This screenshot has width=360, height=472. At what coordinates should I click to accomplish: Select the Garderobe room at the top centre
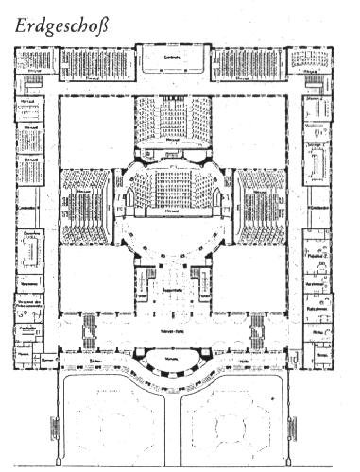tap(173, 62)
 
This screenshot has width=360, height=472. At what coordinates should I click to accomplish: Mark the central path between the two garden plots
tap(174, 420)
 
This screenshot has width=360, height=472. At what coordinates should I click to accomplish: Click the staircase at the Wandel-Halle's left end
tap(88, 331)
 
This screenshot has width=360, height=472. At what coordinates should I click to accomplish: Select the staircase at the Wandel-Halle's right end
tap(257, 331)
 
